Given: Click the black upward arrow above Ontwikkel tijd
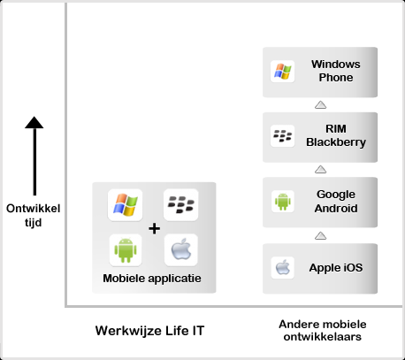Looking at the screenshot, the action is (x=34, y=156).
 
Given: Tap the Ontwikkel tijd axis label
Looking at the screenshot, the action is (x=34, y=215).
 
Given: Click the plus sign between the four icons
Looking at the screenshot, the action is (x=154, y=228).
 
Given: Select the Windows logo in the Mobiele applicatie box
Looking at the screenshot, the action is (x=126, y=205).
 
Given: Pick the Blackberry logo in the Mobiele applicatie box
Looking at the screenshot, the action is (x=181, y=204).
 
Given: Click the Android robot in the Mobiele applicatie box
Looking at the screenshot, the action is (x=126, y=250).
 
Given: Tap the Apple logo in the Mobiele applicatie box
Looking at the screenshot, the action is (x=181, y=249).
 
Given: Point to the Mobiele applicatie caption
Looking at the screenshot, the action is (x=152, y=279).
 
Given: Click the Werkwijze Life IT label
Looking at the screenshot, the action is (x=149, y=331).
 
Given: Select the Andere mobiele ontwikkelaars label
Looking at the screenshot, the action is (x=323, y=330).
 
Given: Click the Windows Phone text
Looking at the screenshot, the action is (x=336, y=71).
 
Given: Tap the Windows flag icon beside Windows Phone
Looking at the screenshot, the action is (x=283, y=72).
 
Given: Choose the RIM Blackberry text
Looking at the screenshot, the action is (x=336, y=135).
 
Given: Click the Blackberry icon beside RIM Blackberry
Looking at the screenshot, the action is (x=283, y=136).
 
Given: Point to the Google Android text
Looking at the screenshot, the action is (x=336, y=202).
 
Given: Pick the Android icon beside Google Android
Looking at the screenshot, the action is (x=283, y=202).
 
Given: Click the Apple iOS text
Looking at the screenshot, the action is (x=336, y=268).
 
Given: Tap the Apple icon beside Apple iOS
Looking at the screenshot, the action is (x=283, y=267).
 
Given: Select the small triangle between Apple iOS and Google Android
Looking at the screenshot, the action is (x=320, y=235).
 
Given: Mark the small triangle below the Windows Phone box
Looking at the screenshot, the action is (x=320, y=104).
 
